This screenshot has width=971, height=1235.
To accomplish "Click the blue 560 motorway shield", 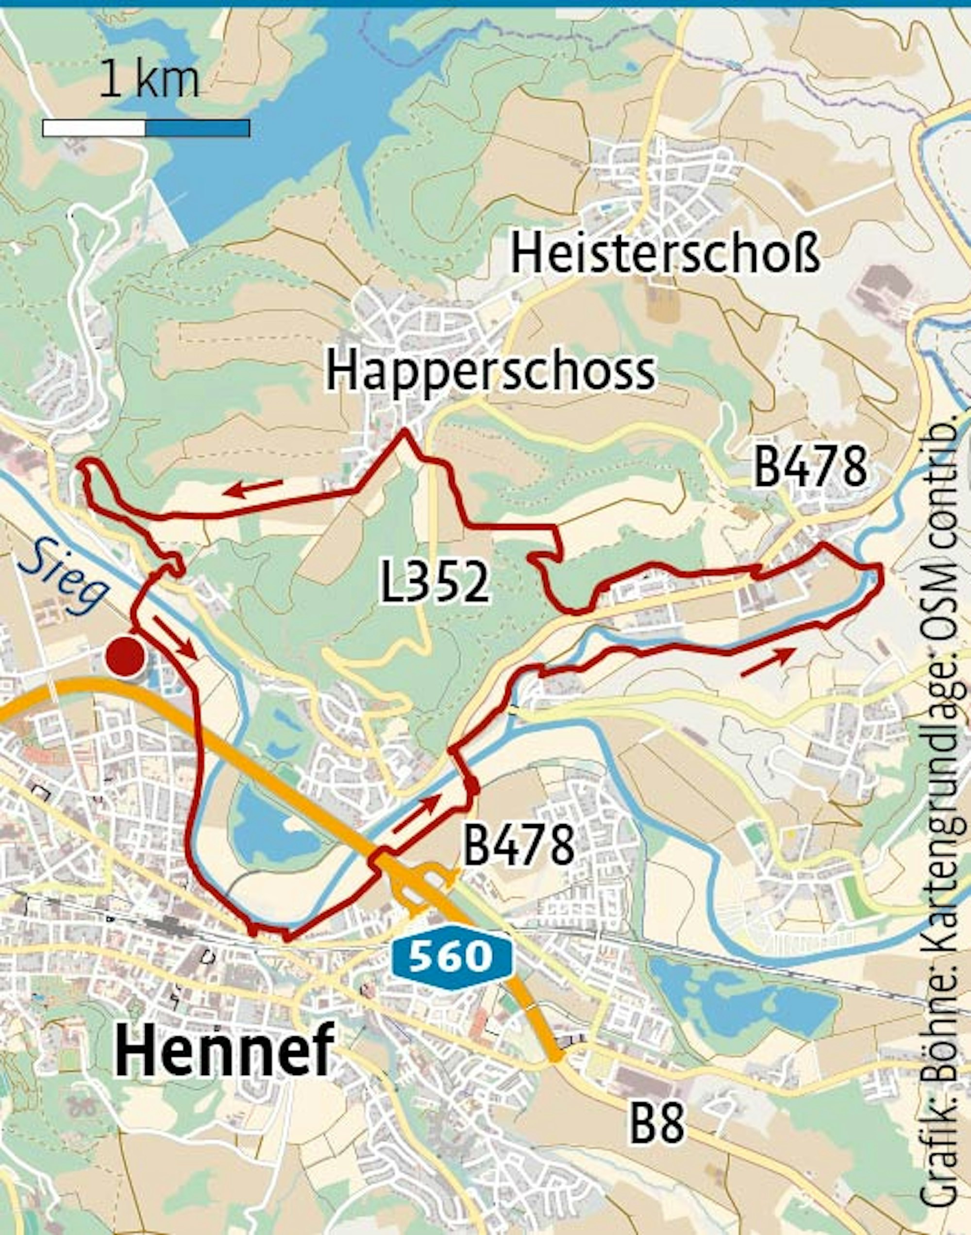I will pos(452,956).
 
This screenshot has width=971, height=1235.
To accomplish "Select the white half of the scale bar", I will pos(94,128).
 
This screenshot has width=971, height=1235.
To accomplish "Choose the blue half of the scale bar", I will pos(197,128).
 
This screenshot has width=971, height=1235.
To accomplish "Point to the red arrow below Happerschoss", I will pos(253,488).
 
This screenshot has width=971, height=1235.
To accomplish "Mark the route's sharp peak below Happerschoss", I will pos(405,432).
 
